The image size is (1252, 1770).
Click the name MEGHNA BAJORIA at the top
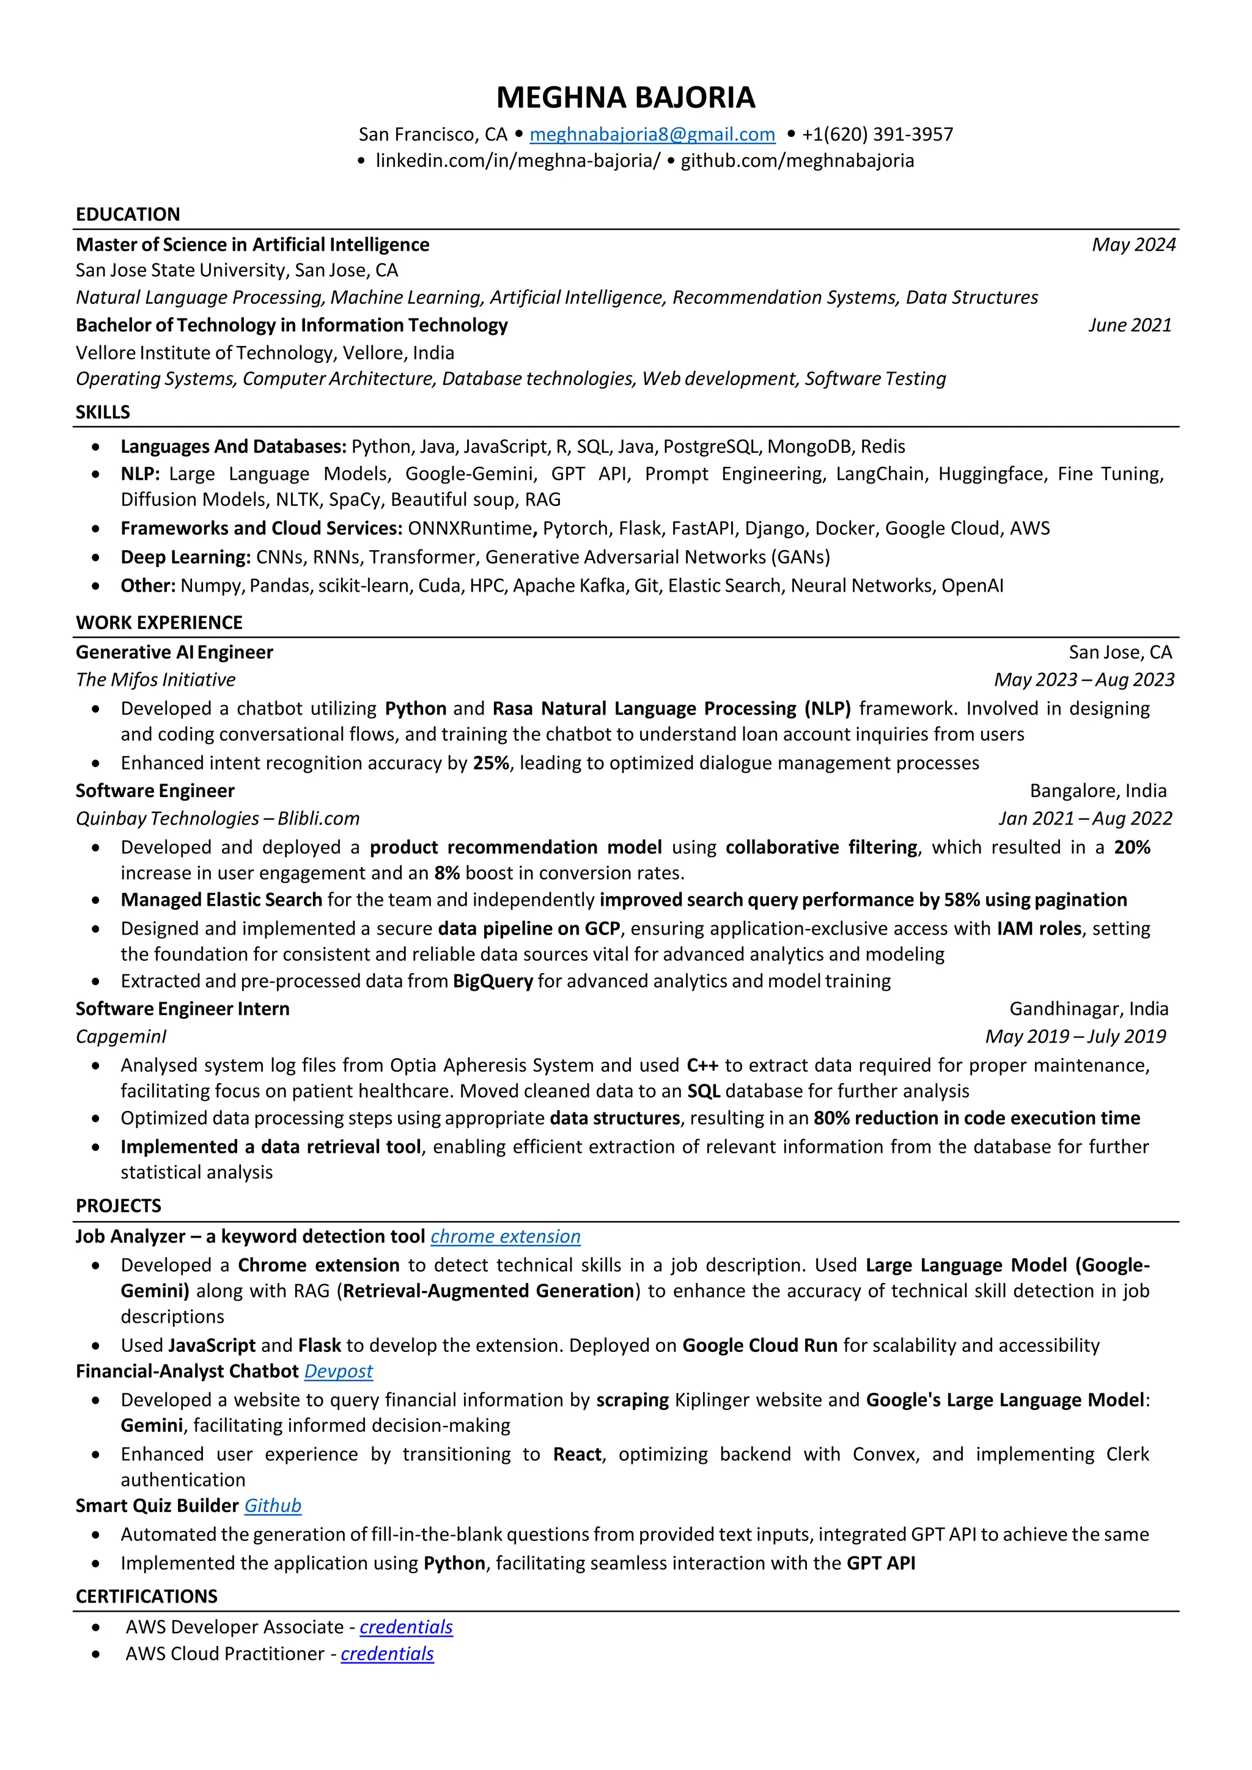tap(625, 98)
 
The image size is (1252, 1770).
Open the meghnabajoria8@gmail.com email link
tap(652, 135)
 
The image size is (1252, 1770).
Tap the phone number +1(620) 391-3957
tap(877, 135)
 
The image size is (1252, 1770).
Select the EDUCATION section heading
tap(128, 215)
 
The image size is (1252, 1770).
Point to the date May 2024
tap(1133, 245)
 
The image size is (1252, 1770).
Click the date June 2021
tap(1129, 325)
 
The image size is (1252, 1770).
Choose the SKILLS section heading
tap(103, 413)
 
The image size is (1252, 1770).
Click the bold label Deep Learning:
tap(186, 557)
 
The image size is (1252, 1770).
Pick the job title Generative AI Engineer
tap(174, 653)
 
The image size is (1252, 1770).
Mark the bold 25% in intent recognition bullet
tap(491, 763)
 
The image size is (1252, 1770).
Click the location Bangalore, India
tap(1098, 791)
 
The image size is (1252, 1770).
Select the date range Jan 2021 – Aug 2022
tap(1084, 819)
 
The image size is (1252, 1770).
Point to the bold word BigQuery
tap(493, 982)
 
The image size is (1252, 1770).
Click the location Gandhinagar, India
tap(1089, 1009)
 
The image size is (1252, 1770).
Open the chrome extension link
tap(505, 1236)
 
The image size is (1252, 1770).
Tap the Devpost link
tap(339, 1372)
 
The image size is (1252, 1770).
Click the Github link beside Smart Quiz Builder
tap(273, 1505)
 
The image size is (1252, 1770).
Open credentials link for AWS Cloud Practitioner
tap(387, 1654)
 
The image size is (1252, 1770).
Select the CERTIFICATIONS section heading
tap(147, 1596)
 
